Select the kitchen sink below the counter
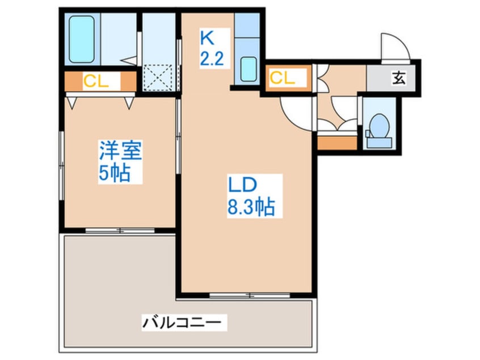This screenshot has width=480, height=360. click(x=248, y=70)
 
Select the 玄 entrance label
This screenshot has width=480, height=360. click(x=399, y=79)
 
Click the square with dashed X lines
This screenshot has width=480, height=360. click(x=160, y=78)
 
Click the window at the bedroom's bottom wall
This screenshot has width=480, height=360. click(x=120, y=231)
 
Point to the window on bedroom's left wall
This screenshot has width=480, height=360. click(x=62, y=156)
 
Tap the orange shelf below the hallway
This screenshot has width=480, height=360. click(x=337, y=142)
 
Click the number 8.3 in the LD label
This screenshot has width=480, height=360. click(x=239, y=207)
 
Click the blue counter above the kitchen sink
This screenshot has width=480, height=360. click(x=247, y=34)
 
